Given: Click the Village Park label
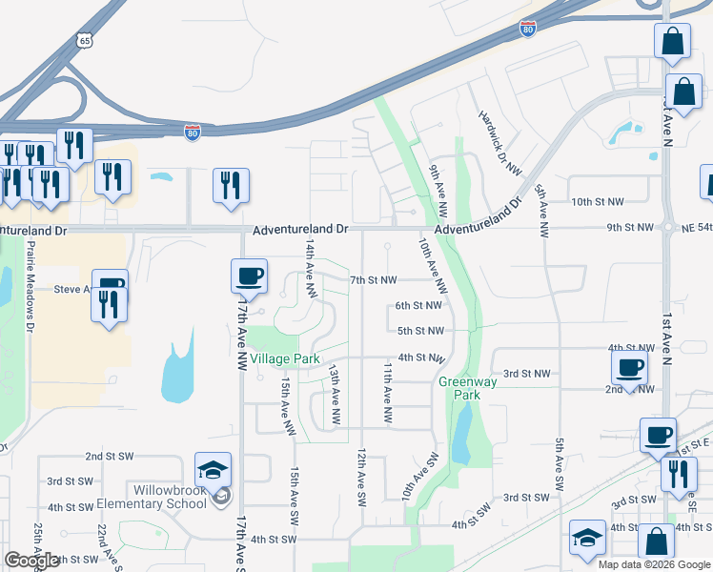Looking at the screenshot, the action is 285,359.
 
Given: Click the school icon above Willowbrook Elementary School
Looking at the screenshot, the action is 213,470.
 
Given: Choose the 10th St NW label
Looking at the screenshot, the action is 599,202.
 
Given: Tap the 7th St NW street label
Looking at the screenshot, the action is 373,280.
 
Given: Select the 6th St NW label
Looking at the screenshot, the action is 418,305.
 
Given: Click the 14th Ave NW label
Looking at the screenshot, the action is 310,266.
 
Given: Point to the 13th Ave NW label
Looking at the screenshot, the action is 335,394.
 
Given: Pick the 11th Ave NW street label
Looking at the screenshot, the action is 388,393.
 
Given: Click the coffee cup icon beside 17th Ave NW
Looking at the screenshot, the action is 249,276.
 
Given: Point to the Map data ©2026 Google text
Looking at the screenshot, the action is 653,564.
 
